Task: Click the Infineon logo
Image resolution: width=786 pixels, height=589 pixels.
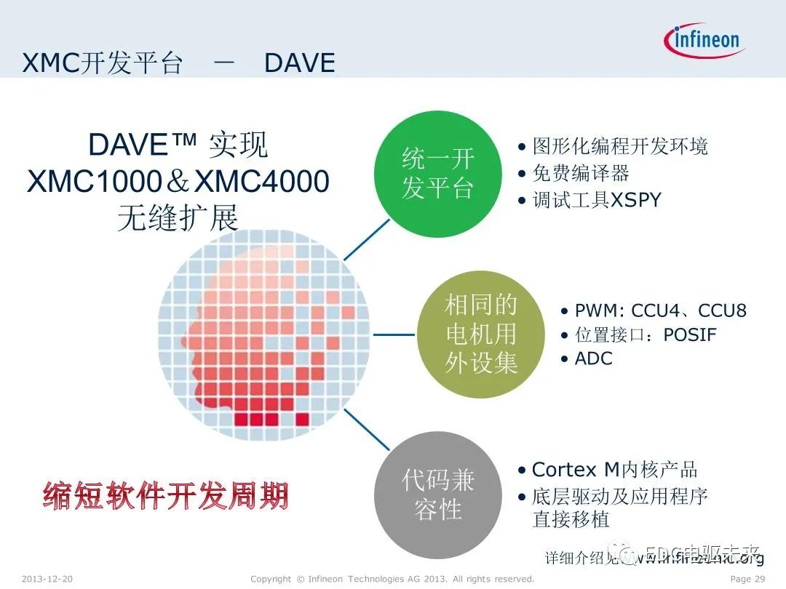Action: pos(704,40)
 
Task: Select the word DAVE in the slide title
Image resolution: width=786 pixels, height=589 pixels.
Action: pos(299,63)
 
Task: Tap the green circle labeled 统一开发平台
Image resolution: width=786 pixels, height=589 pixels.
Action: pos(437,174)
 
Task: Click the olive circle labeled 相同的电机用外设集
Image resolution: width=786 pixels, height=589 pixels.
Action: pos(480,334)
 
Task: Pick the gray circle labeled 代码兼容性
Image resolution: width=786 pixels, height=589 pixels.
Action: pos(437,494)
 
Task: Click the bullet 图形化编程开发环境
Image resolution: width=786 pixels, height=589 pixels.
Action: pos(619,146)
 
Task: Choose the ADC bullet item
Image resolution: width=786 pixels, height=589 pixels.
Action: pos(593,358)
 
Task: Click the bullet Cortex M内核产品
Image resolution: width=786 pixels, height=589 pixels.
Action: pos(614,470)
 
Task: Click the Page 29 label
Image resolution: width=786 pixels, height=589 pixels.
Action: pos(747,579)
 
